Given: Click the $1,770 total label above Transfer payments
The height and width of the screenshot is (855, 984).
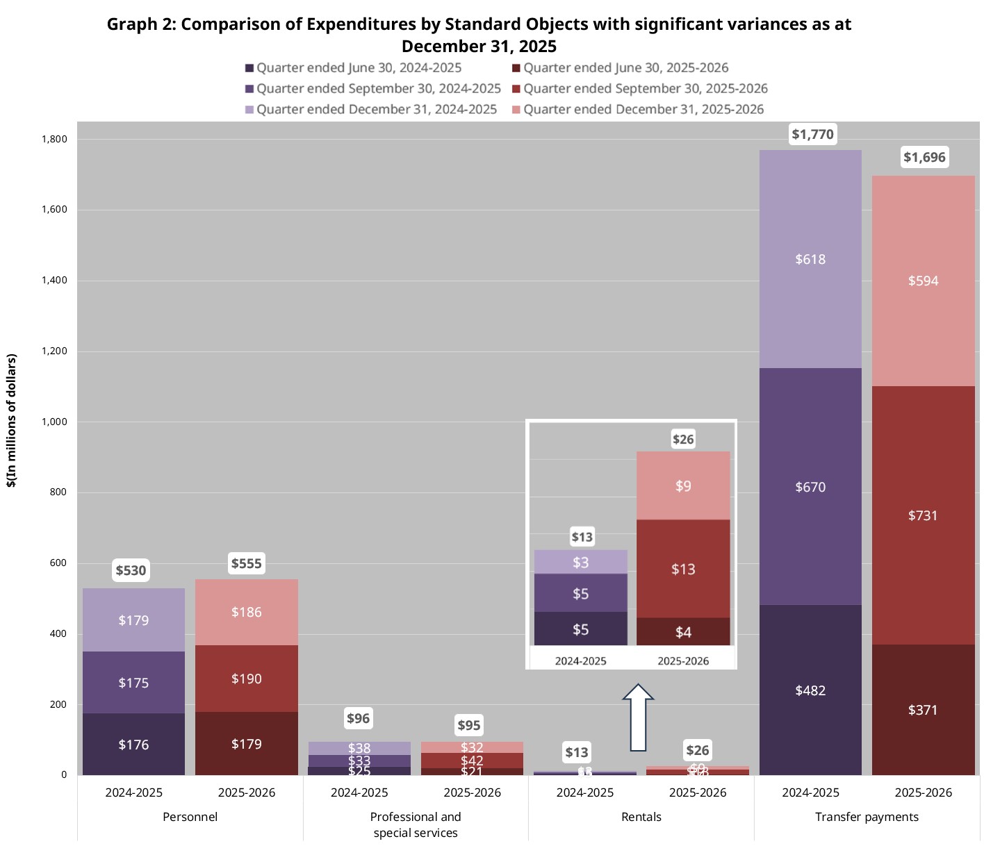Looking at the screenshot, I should click(x=812, y=134).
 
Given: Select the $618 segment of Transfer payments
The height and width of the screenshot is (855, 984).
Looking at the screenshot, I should click(x=810, y=259).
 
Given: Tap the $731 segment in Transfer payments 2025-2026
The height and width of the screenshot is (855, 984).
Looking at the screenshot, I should click(x=923, y=515).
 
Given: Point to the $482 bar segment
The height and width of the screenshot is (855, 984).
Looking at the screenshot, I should click(x=810, y=690).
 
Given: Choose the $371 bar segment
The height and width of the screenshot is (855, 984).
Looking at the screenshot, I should click(x=923, y=710).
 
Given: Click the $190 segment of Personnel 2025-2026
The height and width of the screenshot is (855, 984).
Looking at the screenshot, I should click(x=247, y=679).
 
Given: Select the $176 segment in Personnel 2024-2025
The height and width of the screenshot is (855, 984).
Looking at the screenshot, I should click(x=133, y=745).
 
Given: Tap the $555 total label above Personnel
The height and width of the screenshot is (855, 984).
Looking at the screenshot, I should click(x=247, y=563).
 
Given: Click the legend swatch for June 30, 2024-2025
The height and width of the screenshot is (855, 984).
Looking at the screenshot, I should click(x=249, y=68).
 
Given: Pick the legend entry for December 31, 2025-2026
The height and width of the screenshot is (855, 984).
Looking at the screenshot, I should click(x=643, y=110).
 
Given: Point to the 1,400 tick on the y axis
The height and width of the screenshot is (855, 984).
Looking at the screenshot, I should click(x=54, y=281).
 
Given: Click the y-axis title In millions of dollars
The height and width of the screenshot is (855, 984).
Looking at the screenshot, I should click(x=12, y=421).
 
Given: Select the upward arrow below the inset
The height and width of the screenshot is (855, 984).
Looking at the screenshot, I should click(x=637, y=718).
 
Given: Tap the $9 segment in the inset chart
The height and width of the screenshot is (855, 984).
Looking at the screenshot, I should click(x=683, y=485).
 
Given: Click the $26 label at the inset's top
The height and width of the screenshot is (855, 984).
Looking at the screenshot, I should click(x=683, y=439).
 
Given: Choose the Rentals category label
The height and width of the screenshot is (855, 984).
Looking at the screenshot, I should click(x=641, y=817).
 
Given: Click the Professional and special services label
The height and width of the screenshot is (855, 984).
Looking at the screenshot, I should click(x=416, y=824).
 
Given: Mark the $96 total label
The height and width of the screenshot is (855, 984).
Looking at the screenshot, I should click(x=359, y=718).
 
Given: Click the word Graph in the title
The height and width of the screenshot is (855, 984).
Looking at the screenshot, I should click(x=132, y=24).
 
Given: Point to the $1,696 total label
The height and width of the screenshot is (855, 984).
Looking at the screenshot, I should click(x=924, y=157).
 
